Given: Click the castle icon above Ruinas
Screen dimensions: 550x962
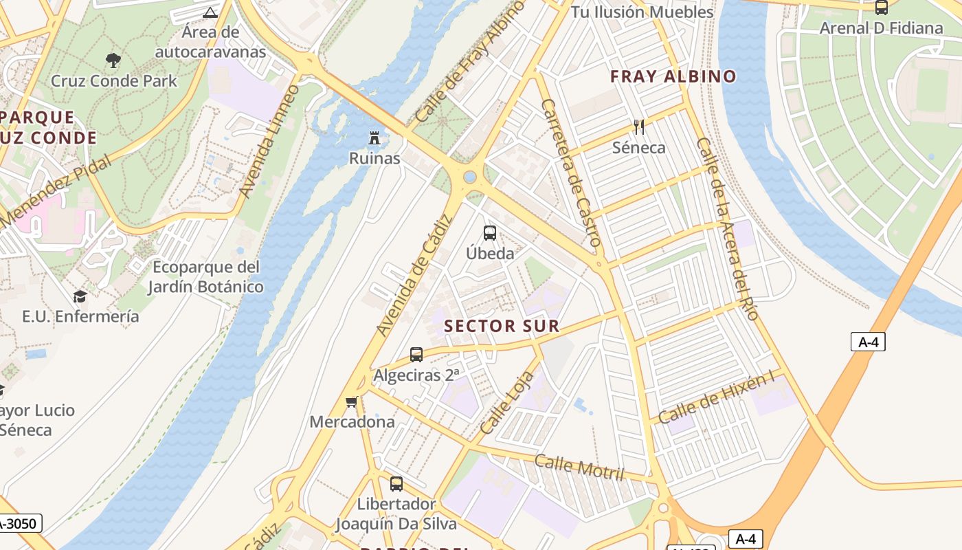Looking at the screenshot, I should (374, 138).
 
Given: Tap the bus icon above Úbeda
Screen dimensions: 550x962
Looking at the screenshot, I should (490, 233).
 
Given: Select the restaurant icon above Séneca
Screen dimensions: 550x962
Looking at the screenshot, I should (639, 126).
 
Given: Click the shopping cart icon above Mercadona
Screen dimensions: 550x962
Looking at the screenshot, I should (352, 401).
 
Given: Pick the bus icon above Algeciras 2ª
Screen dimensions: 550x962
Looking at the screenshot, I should (416, 355).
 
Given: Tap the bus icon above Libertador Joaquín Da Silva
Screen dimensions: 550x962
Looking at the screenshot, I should (396, 483).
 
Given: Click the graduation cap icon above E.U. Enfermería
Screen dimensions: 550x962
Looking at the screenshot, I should (80, 296).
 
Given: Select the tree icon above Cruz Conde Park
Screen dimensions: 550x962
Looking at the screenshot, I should (113, 60).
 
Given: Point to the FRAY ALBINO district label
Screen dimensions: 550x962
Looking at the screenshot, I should (673, 76).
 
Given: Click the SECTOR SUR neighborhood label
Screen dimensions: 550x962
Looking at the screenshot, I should (502, 326).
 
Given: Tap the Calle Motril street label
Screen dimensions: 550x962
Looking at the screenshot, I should (579, 468).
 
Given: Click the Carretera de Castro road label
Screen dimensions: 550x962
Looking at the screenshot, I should (572, 172).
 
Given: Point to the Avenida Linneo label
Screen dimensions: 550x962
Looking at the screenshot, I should (269, 142).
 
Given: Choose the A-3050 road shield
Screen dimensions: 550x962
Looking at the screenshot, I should (19, 523).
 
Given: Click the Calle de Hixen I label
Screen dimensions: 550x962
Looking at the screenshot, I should (716, 398).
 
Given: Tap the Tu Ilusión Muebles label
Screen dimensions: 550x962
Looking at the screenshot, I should (642, 12).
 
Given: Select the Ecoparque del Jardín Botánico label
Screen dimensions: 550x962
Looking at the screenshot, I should (206, 276).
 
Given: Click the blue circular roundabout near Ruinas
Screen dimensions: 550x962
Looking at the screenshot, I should (470, 177).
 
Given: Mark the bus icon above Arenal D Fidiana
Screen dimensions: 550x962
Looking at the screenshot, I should (882, 8).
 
